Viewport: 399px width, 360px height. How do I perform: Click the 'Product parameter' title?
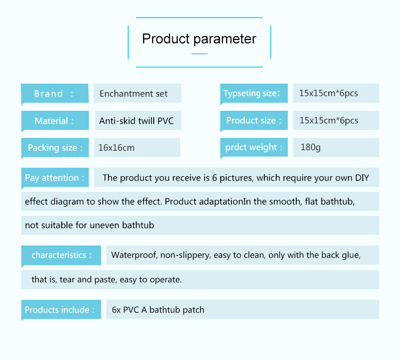coord(199,39)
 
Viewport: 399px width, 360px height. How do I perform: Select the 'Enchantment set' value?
coord(134,94)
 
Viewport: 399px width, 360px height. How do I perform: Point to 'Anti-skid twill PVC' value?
coord(137,121)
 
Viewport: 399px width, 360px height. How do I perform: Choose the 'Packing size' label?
coord(55,148)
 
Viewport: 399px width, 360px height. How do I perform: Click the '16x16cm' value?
coord(117,148)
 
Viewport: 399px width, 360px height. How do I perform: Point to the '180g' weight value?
coord(310,148)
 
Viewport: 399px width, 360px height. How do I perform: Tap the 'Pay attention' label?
coord(54,178)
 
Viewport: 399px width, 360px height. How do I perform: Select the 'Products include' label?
coord(60,310)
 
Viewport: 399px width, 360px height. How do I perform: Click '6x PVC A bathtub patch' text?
coord(158,310)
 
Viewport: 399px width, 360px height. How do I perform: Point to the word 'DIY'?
coord(361,178)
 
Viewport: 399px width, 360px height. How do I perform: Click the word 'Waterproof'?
coord(133,256)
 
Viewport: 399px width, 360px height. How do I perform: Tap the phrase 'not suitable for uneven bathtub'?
coord(89,225)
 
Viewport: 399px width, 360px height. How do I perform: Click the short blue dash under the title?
coord(199,54)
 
